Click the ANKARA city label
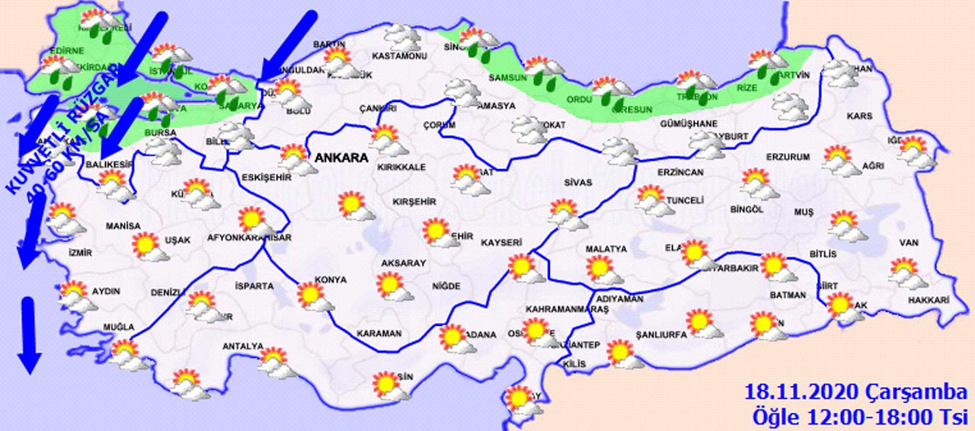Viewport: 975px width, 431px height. pyautogui.click(x=340, y=159)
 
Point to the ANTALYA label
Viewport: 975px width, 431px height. pyautogui.click(x=242, y=346)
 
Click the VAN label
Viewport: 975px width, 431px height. pyautogui.click(x=907, y=243)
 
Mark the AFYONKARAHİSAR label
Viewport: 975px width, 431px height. pyautogui.click(x=250, y=238)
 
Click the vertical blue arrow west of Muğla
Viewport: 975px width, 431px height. pyautogui.click(x=28, y=335)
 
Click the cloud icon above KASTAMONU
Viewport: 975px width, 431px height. pyautogui.click(x=400, y=37)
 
